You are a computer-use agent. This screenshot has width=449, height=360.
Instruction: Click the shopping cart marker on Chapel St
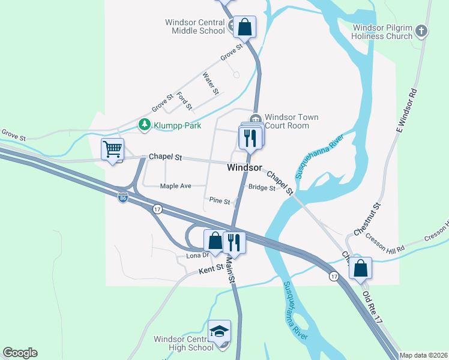coord(112,149)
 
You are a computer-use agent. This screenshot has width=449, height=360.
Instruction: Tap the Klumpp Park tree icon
coord(144,125)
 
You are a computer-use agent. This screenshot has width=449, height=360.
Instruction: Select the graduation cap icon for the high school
coord(220,331)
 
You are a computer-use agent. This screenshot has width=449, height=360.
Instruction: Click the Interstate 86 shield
coord(123,198)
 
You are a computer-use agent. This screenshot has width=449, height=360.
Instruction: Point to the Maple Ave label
coord(175,186)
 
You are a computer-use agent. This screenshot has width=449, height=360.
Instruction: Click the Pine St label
coord(219,201)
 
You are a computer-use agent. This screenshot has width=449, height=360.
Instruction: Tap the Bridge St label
coord(262,188)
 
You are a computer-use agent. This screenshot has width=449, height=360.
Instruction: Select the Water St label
coord(211,83)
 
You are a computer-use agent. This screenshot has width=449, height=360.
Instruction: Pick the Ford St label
coord(184,101)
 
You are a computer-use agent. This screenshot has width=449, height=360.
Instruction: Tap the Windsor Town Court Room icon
coord(256,118)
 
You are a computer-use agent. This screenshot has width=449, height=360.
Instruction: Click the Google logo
coord(20,353)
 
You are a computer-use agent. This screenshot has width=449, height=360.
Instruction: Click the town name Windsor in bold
coord(245,168)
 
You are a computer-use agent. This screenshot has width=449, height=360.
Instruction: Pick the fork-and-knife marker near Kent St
coord(234,242)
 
